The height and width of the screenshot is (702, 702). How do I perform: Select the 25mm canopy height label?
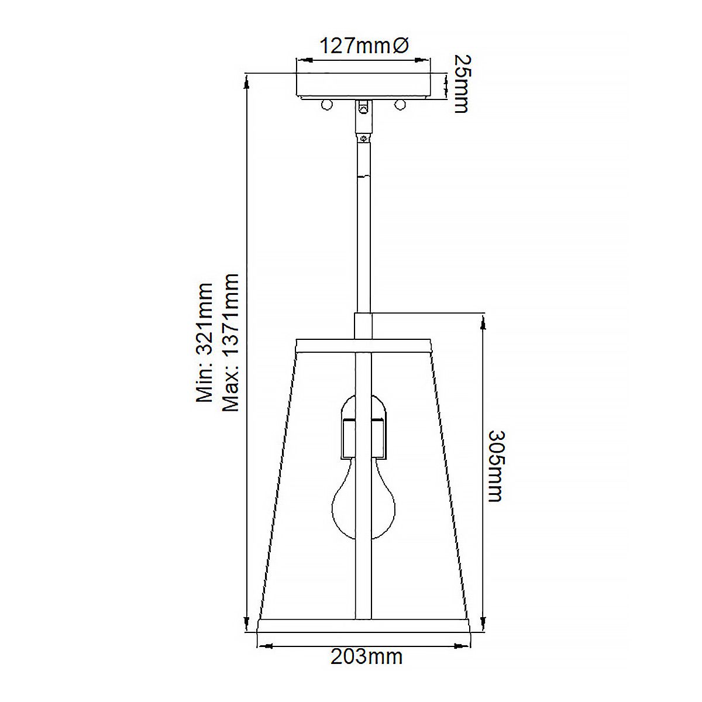coord(462,83)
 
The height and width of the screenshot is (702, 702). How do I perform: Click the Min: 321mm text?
coord(205,342)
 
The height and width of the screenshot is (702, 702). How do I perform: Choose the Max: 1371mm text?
coord(231,342)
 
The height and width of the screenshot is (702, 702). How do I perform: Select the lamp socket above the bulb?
coord(363,427)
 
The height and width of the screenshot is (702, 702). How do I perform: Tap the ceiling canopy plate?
coord(364,85)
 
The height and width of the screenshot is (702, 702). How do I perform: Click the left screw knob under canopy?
coord(327,105)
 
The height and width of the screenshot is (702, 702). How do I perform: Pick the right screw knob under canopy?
coord(400,105)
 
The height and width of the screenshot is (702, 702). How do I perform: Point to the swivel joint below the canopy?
coord(364,117)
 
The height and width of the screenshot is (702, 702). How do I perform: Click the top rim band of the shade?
coord(364,345)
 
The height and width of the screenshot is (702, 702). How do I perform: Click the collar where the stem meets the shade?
coord(363,325)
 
